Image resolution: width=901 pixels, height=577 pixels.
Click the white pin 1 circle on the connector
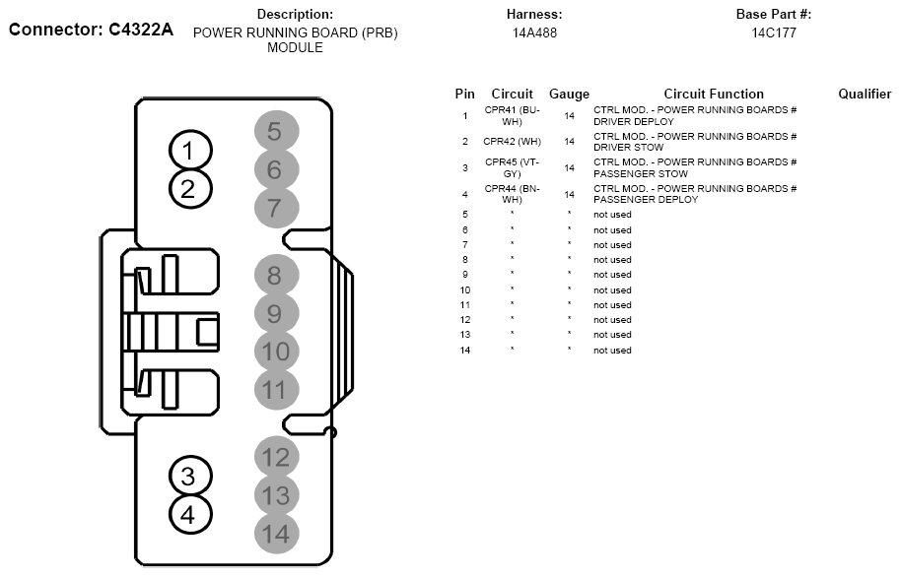tap(190, 151)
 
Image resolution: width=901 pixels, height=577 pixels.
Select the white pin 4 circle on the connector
tap(190, 514)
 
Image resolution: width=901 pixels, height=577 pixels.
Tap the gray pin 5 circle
tap(276, 132)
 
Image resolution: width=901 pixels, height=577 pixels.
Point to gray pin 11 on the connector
tap(276, 390)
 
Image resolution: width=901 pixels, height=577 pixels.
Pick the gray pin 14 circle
tap(276, 534)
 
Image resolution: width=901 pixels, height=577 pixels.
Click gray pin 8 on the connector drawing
tap(276, 276)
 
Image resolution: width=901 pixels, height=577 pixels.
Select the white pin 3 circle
tap(190, 476)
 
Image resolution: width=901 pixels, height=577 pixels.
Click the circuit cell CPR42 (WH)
tap(512, 141)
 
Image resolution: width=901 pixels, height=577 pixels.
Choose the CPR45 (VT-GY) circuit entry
tap(512, 167)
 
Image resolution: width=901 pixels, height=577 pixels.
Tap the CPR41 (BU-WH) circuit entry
tap(512, 115)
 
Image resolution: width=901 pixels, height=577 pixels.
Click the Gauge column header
tap(569, 95)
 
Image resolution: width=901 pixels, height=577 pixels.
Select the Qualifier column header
tap(865, 94)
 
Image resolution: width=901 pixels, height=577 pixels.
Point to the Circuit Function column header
tap(714, 94)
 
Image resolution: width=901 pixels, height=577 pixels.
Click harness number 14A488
tap(534, 32)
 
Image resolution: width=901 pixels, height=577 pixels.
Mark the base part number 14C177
tap(774, 32)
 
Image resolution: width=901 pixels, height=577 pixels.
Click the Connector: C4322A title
tap(91, 30)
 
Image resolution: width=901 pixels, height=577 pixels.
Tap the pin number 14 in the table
tap(465, 351)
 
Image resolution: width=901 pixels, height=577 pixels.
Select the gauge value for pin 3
tap(569, 167)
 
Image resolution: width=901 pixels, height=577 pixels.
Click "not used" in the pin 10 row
tap(612, 289)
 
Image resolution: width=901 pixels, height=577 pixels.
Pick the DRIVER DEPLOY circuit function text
tap(634, 121)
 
